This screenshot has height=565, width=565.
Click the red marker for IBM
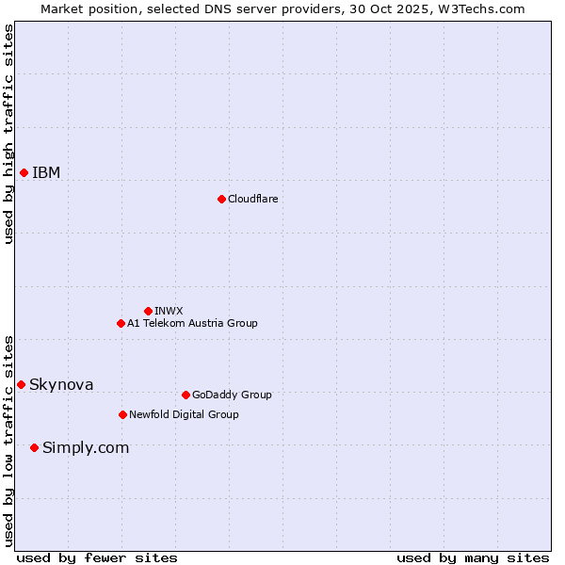24,172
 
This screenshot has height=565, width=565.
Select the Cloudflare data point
221,199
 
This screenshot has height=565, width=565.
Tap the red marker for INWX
148,311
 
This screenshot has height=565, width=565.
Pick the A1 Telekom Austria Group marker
121,323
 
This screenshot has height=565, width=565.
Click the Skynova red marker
21,384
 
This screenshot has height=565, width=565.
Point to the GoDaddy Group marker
186,395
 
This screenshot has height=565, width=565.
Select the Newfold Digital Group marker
122,414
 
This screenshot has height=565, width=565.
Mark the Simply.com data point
34,447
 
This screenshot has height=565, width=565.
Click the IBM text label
46,172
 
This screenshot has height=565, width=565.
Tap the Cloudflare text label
252,199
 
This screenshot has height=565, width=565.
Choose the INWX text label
169,311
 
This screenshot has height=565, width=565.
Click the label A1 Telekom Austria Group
192,323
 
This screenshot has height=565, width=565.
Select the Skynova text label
61,384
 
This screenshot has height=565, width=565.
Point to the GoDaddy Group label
232,395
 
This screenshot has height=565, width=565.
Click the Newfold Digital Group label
184,414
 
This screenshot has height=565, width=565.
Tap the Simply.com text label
86,447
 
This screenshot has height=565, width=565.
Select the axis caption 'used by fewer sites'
97,557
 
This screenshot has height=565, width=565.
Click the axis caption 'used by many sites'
473,557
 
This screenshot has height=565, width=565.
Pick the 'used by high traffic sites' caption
8,134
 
